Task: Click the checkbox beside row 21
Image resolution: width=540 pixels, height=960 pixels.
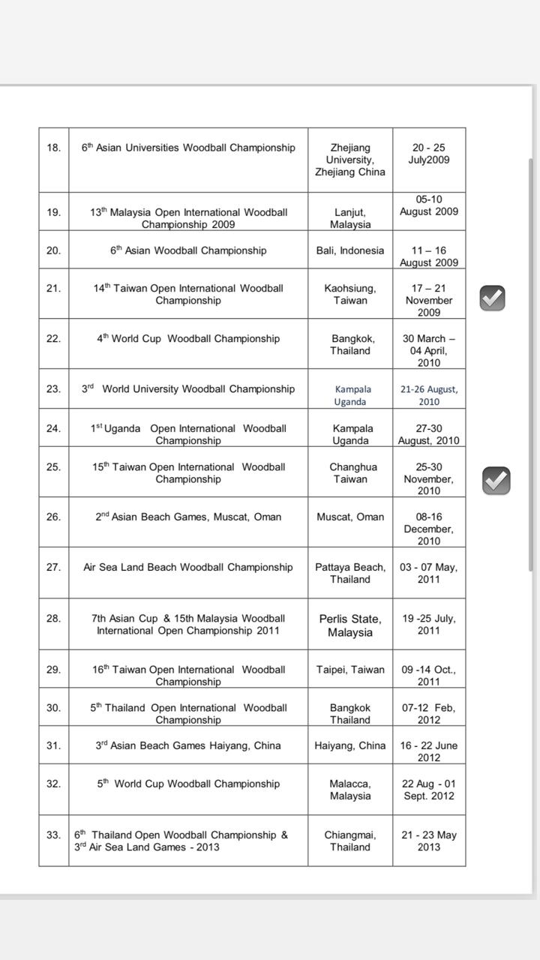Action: [x=492, y=298]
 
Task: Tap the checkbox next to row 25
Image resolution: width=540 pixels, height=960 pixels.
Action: [x=496, y=480]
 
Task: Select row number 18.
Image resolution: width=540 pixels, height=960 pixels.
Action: [x=53, y=148]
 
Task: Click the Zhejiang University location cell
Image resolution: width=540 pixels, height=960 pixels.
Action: [x=350, y=160]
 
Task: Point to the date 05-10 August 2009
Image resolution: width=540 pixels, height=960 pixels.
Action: [x=428, y=205]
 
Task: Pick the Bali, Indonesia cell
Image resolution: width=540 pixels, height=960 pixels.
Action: [x=350, y=250]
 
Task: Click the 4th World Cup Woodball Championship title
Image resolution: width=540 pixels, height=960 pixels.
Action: [x=188, y=339]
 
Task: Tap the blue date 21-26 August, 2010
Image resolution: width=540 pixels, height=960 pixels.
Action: [x=429, y=395]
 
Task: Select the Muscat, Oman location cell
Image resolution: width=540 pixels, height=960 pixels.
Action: [x=350, y=517]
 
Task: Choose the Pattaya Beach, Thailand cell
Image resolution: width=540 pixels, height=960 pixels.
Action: [x=350, y=573]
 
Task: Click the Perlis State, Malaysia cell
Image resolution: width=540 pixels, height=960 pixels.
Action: [x=350, y=625]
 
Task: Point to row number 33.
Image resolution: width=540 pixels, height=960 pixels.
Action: [x=53, y=835]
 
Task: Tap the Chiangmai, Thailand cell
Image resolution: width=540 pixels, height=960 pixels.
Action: [x=350, y=841]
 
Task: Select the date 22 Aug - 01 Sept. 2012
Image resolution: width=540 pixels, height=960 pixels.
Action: [x=429, y=790]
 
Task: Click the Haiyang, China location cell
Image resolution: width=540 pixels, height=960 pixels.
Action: [x=350, y=745]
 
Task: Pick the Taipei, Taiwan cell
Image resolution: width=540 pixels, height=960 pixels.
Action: [x=350, y=670]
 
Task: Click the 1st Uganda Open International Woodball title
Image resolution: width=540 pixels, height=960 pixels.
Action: [x=188, y=434]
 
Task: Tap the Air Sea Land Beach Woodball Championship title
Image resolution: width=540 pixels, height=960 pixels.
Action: [x=188, y=568]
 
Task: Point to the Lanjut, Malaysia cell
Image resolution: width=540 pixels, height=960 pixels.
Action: [x=350, y=218]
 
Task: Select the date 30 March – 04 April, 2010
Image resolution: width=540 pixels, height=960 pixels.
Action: [x=429, y=350]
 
